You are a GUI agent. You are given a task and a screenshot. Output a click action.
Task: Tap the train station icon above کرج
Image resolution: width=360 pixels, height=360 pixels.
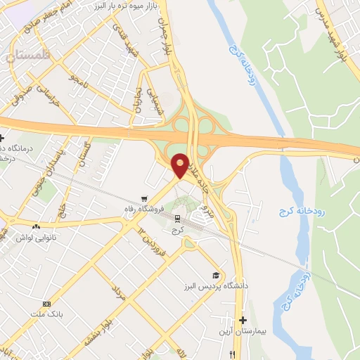pyautogui.click(x=177, y=219)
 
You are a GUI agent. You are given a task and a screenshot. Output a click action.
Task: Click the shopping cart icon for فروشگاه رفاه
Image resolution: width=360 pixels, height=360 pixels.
pyautogui.click(x=144, y=198)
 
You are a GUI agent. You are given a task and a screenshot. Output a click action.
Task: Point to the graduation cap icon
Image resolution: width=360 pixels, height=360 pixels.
pyautogui.click(x=215, y=275)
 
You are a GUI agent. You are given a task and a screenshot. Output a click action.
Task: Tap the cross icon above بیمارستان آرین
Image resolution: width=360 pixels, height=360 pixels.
pyautogui.click(x=243, y=320)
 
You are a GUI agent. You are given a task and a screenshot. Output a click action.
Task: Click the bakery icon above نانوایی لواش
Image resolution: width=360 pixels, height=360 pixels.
pyautogui.click(x=36, y=226)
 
